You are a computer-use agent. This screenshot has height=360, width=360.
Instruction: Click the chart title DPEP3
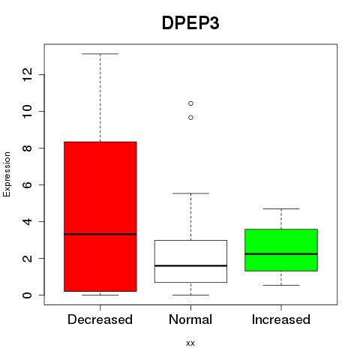pyautogui.click(x=190, y=23)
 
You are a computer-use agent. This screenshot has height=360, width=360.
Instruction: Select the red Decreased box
pyautogui.click(x=100, y=217)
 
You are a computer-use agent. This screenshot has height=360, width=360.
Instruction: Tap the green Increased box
pyautogui.click(x=281, y=250)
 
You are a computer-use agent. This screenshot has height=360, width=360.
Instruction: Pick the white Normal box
pyautogui.click(x=190, y=262)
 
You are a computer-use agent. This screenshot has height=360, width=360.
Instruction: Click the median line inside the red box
pyautogui.click(x=100, y=234)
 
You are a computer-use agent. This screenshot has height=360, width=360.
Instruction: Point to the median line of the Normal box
pyautogui.click(x=190, y=265)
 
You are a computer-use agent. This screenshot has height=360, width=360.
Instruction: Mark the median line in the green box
pyautogui.click(x=281, y=253)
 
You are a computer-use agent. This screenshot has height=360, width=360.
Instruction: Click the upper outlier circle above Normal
pyautogui.click(x=190, y=103)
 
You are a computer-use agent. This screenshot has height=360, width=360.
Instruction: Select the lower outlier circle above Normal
pyautogui.click(x=190, y=118)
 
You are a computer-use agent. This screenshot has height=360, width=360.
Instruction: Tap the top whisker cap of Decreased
pyautogui.click(x=100, y=54)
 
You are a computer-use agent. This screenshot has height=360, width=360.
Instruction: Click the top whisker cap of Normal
pyautogui.click(x=190, y=193)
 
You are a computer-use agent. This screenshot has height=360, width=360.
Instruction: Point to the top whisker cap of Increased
pyautogui.click(x=281, y=208)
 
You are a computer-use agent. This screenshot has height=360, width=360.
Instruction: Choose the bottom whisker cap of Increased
pyautogui.click(x=281, y=285)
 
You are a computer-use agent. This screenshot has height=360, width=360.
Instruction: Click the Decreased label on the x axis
pyautogui.click(x=100, y=319)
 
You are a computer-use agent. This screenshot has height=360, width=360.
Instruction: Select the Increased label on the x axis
pyautogui.click(x=281, y=319)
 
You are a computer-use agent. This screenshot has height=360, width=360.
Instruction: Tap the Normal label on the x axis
pyautogui.click(x=190, y=319)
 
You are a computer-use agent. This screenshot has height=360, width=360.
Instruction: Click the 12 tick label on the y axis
pyautogui.click(x=27, y=74)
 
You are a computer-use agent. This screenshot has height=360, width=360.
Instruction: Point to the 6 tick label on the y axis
pyautogui.click(x=27, y=184)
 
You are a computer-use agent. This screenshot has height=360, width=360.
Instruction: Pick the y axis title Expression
pyautogui.click(x=7, y=174)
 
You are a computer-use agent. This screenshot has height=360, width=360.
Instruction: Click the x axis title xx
pyautogui.click(x=190, y=343)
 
